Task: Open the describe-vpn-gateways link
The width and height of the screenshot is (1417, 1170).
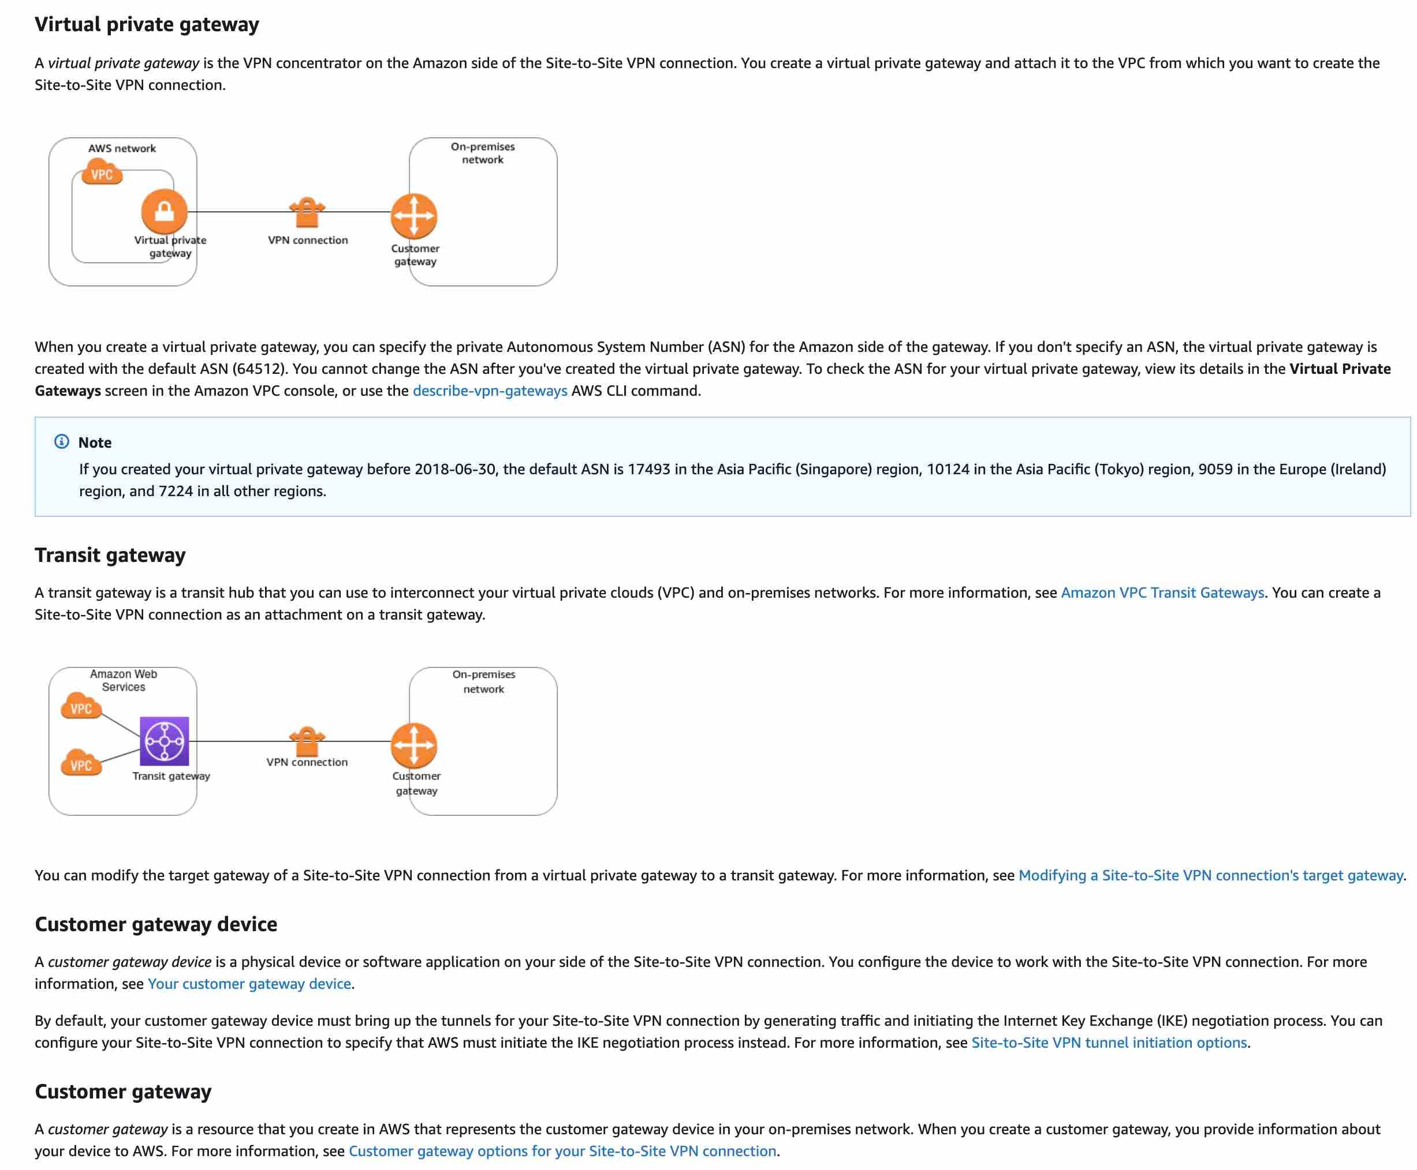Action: (490, 391)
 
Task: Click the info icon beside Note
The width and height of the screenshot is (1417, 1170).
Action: (61, 441)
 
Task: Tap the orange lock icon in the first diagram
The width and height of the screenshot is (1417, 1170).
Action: (164, 212)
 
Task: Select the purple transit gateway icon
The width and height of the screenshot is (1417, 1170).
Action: (164, 741)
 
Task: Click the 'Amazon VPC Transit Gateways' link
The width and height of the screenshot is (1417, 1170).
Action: (1162, 592)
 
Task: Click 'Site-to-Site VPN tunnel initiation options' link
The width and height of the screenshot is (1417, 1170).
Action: (1108, 1042)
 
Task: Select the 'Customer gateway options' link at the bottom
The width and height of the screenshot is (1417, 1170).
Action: (562, 1151)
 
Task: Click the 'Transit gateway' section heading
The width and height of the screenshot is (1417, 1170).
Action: (110, 554)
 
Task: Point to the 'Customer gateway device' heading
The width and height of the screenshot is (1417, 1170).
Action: (156, 924)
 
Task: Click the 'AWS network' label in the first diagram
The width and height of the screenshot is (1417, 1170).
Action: (122, 148)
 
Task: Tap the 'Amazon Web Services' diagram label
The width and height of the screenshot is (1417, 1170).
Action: (124, 680)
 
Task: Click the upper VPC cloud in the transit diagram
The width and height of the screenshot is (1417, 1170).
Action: (81, 707)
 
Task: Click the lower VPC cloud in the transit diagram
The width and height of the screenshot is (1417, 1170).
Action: (81, 764)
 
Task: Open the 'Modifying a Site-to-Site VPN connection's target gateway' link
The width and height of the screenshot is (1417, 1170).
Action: (1210, 875)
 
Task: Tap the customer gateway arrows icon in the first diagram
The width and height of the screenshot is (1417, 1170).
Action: (413, 216)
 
